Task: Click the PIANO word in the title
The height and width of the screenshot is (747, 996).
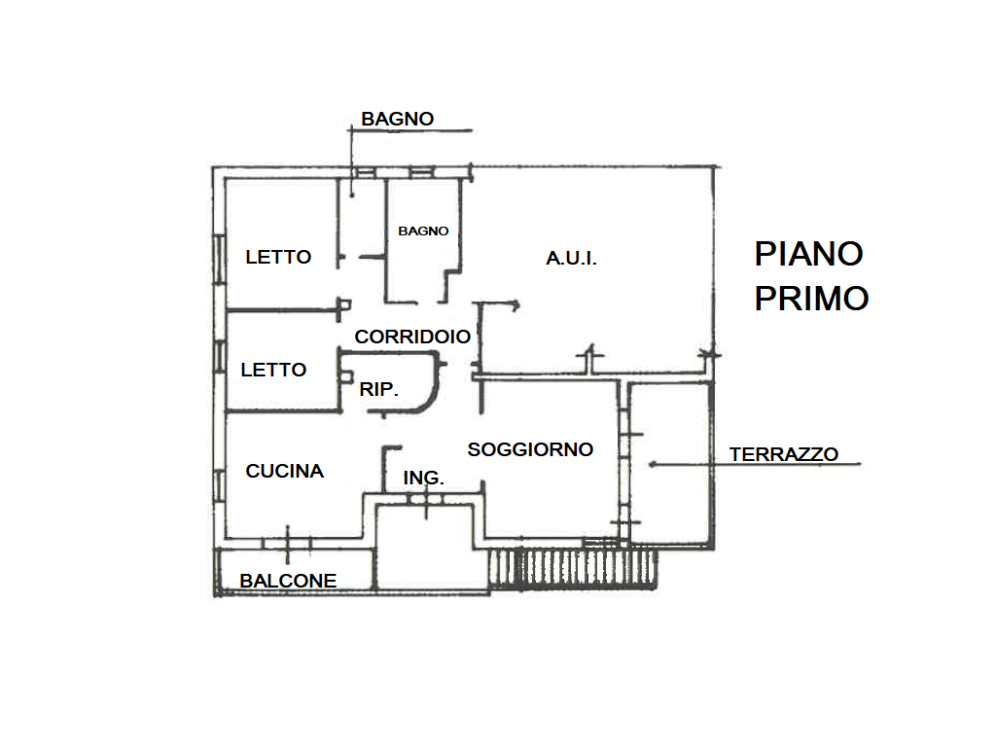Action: (x=808, y=254)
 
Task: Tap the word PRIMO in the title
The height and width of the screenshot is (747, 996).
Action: (x=812, y=299)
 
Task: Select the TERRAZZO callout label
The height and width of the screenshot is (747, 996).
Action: (x=784, y=454)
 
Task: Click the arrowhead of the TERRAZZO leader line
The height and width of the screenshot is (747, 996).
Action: (x=652, y=465)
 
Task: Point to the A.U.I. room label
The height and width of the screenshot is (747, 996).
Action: (x=572, y=259)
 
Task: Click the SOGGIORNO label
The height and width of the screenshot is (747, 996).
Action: (x=530, y=449)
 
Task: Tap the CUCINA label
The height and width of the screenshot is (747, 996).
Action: (x=285, y=471)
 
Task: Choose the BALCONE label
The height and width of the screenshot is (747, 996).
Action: (x=288, y=581)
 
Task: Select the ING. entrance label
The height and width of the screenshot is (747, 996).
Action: (x=424, y=478)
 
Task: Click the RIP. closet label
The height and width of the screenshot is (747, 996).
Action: (x=379, y=389)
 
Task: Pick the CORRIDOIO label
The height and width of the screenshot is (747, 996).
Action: (x=412, y=337)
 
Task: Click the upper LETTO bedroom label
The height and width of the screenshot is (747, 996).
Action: (x=278, y=257)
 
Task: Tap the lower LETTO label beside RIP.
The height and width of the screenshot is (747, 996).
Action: (x=273, y=370)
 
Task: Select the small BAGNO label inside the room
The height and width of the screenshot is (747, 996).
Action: (x=423, y=231)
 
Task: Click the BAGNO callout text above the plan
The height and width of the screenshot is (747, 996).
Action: (x=398, y=119)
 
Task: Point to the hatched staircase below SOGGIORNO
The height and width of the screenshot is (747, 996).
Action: (x=573, y=568)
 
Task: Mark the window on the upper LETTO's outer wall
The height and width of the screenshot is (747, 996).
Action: (x=219, y=259)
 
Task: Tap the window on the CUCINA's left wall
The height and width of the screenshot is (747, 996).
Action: (x=219, y=486)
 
